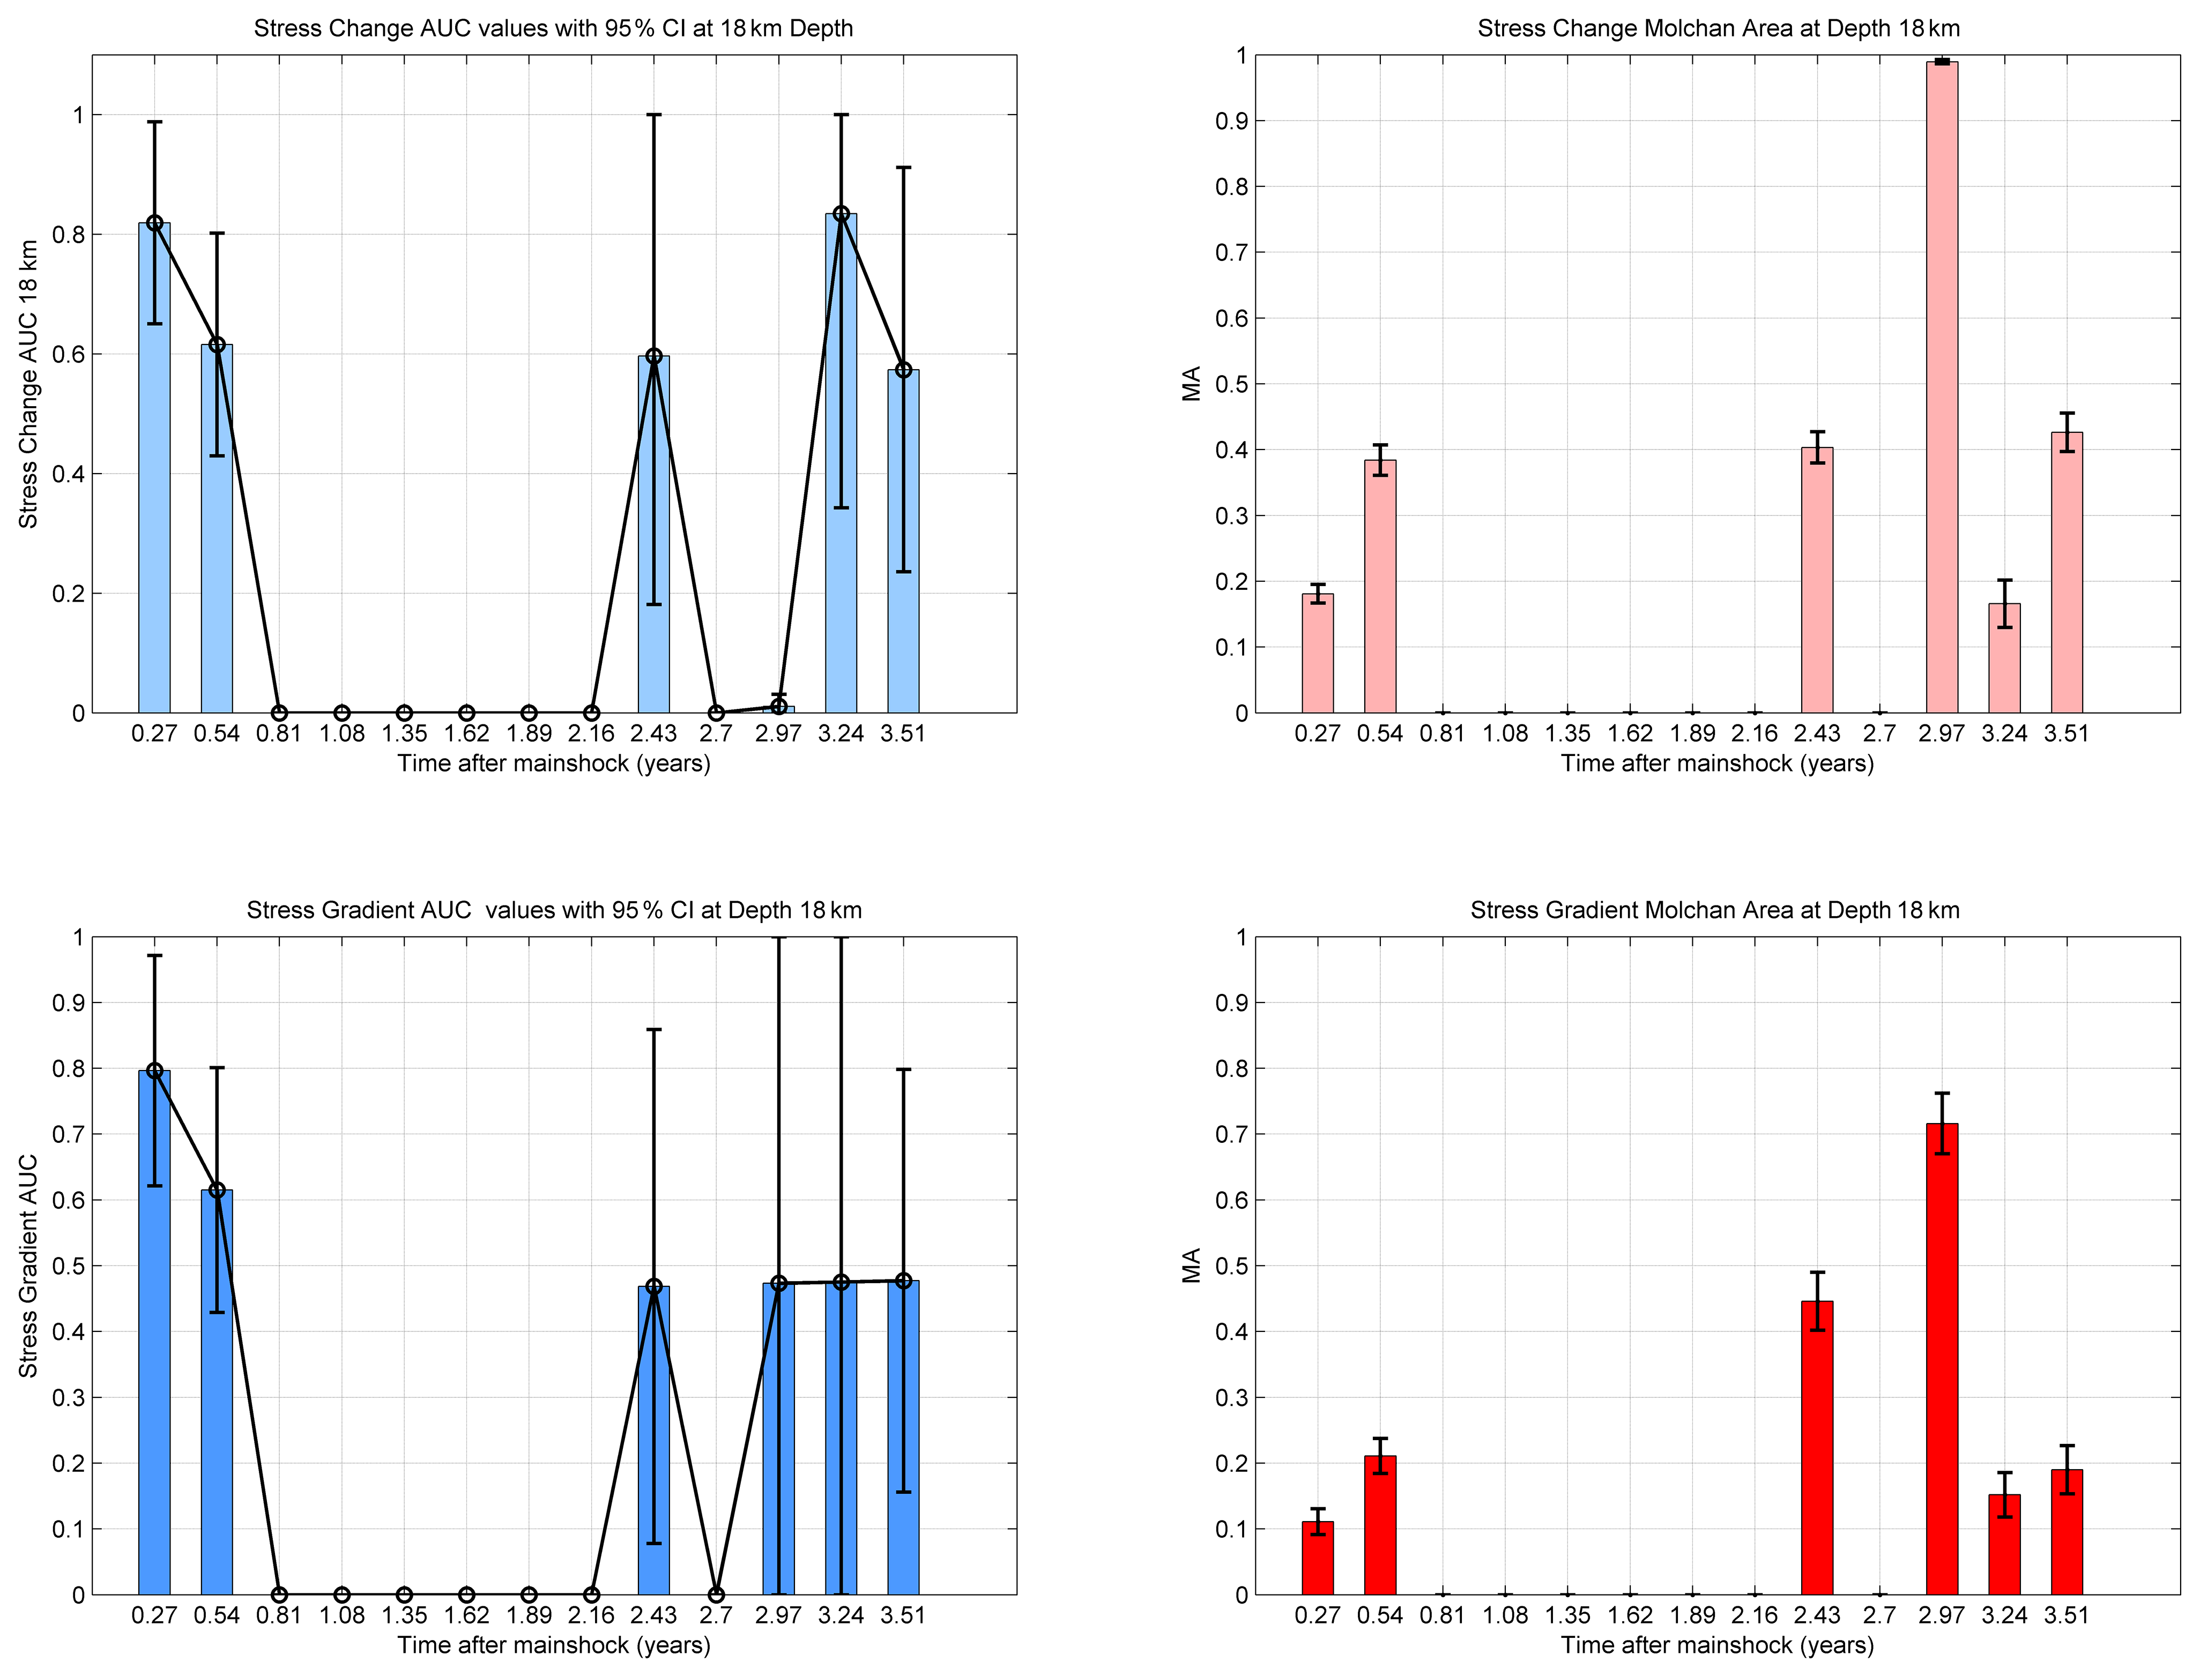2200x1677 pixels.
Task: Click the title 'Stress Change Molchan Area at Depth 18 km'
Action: click(1718, 28)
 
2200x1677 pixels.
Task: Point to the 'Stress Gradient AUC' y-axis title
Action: click(28, 1266)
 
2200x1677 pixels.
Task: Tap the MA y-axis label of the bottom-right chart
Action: click(1191, 1265)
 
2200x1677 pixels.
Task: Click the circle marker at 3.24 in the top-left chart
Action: click(841, 214)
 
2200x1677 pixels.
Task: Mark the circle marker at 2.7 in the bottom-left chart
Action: click(716, 1594)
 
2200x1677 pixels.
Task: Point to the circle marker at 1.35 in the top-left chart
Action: click(404, 713)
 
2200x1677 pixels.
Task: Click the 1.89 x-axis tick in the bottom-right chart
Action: click(1692, 1615)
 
